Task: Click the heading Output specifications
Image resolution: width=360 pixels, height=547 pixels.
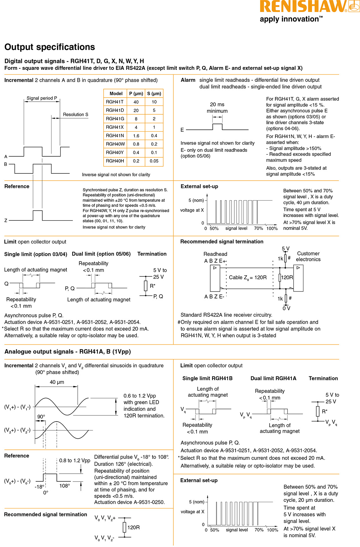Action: coord(50,47)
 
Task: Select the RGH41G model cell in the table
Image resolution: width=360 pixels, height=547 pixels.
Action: coord(115,119)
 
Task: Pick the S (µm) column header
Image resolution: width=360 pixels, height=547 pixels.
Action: coord(154,93)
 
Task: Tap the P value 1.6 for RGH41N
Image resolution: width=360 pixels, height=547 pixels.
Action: coord(136,136)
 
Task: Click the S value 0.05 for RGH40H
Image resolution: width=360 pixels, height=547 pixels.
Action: coord(154,161)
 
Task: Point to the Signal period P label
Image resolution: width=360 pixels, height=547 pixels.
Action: coord(42,98)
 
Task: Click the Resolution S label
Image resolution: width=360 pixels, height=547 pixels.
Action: coord(75,115)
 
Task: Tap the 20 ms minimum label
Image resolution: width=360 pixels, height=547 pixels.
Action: coord(217,108)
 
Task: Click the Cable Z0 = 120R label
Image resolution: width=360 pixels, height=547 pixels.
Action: coord(248,278)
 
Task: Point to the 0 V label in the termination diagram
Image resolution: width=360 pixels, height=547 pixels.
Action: coord(286,308)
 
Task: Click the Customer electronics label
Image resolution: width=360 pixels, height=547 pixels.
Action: coord(308,256)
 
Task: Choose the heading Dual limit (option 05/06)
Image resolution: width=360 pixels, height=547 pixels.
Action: coord(101,254)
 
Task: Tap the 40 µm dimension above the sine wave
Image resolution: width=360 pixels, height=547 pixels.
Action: coord(57,382)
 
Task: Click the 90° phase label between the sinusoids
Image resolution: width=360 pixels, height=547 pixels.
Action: coord(41,417)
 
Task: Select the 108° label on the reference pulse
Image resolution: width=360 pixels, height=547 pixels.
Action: coord(64,486)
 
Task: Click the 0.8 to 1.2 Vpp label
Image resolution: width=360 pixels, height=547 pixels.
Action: coord(75,460)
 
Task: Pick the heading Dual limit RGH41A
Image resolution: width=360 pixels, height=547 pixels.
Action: coord(273,378)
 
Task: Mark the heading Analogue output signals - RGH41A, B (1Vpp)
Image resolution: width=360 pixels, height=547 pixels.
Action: coord(68,352)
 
